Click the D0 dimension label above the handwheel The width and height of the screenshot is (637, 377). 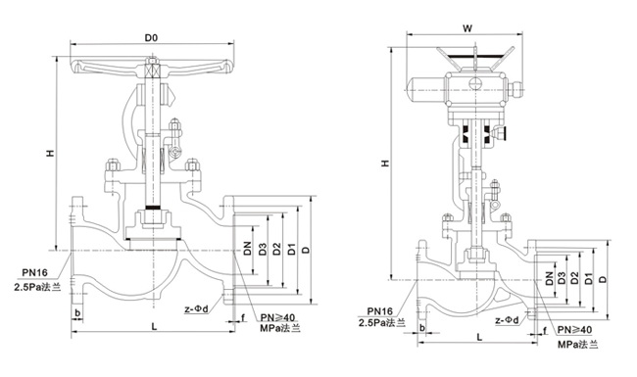(151, 38)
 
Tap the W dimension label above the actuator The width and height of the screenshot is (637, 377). (468, 28)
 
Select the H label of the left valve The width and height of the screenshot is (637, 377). (50, 153)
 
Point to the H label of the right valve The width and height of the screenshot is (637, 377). (385, 164)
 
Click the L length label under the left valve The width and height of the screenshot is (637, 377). (154, 326)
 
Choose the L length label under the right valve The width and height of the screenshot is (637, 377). (479, 337)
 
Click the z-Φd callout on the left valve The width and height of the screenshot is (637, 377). (196, 309)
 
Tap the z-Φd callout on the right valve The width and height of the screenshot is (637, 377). (507, 320)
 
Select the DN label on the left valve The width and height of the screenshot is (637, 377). (247, 249)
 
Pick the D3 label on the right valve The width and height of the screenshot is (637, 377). (562, 278)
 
